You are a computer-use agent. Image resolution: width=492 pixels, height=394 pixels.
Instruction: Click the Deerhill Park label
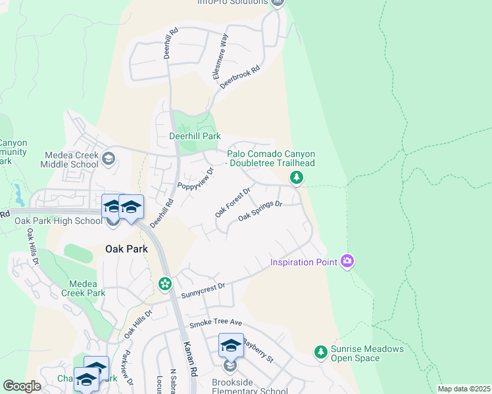coord(194,136)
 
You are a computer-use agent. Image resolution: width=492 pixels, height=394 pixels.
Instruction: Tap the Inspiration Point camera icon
coord(347,262)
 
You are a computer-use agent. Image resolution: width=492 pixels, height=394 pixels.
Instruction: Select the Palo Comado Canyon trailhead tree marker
coord(297,177)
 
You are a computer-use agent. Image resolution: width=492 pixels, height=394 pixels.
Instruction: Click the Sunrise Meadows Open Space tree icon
coord(321,353)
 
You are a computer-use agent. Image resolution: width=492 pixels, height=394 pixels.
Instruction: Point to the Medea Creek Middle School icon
coord(109,158)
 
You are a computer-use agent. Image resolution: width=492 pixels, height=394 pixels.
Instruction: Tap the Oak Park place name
coord(126,250)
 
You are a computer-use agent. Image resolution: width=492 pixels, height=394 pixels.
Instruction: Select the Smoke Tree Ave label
coord(216,324)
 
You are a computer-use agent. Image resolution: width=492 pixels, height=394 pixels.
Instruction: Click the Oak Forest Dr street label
coord(233,203)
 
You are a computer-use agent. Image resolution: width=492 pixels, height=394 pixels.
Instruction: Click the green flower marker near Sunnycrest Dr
coord(164,284)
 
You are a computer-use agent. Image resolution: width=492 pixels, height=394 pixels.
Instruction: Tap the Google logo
coord(22,386)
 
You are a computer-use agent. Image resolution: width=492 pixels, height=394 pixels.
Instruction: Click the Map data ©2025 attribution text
coord(463,389)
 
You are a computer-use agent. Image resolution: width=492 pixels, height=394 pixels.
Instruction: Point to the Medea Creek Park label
coord(83,288)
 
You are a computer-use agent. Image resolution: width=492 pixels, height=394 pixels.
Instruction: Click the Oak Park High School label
coord(58,221)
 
